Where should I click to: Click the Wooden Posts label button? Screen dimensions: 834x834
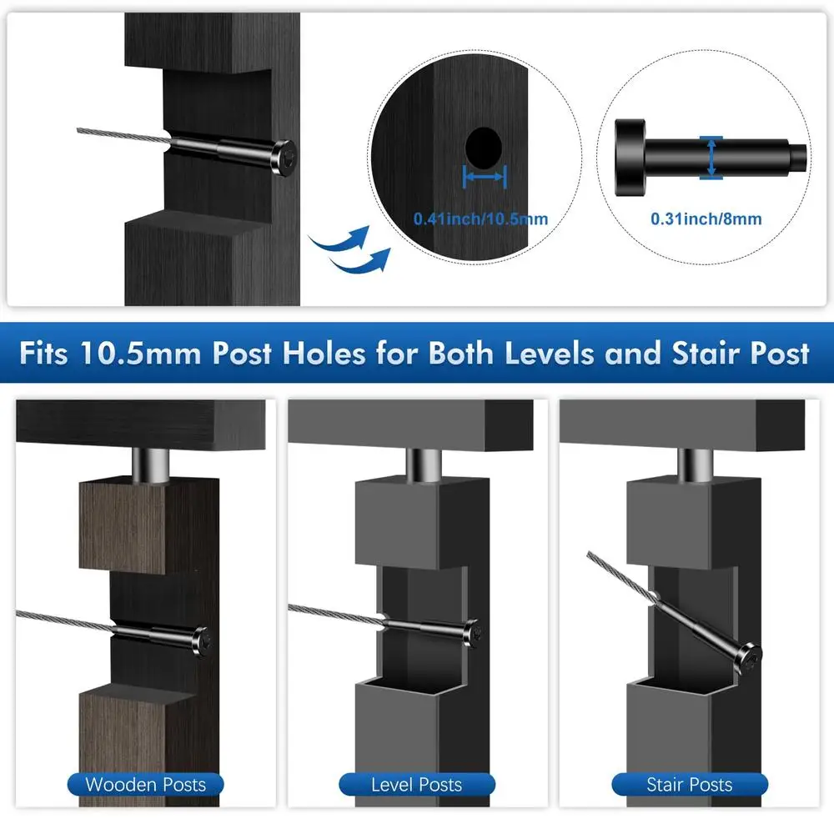144,784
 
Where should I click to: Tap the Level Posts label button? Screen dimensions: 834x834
416,784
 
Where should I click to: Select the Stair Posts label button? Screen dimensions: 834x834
689,784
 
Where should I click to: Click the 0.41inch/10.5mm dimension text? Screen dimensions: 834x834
481,219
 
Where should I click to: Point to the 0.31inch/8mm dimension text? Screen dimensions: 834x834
706,219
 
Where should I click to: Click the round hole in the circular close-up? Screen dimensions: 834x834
485,148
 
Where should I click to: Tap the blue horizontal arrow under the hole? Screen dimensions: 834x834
484,176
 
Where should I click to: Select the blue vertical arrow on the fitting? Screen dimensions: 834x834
710,158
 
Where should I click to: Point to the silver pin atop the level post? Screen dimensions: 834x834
425,463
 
